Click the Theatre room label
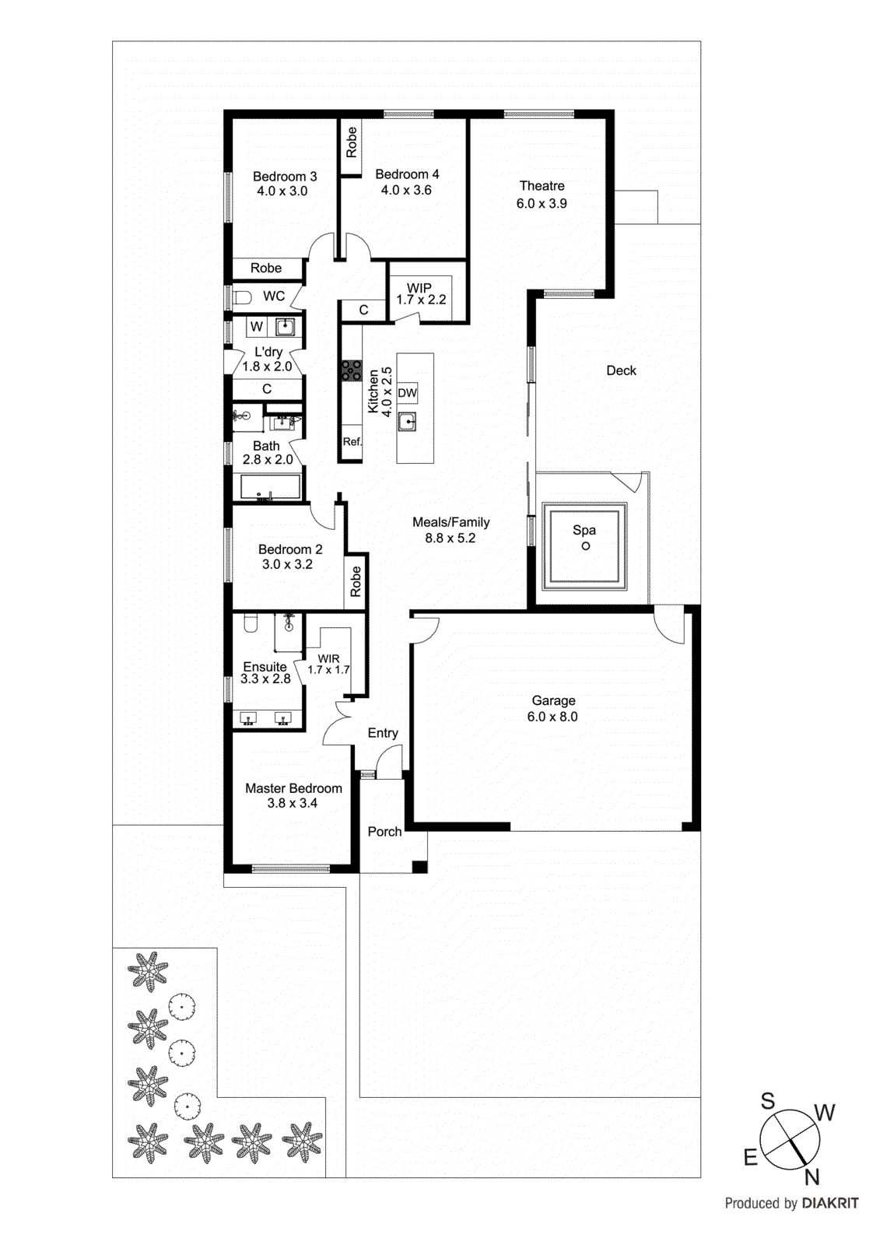(542, 186)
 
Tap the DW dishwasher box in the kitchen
(407, 393)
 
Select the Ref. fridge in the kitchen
(352, 441)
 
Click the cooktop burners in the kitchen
(351, 370)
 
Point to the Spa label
(584, 530)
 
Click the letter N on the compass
(812, 1177)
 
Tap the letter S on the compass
(768, 1101)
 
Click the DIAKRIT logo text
(830, 1203)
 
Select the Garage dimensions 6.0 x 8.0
(552, 717)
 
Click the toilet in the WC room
(243, 296)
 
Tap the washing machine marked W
(257, 327)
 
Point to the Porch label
(384, 832)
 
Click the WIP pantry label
(419, 288)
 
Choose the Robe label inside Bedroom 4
(352, 142)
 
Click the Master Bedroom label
(293, 788)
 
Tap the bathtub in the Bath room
(269, 488)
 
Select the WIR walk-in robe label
(328, 658)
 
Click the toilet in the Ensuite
(251, 623)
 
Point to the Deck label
(621, 370)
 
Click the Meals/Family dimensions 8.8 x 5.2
(450, 538)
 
